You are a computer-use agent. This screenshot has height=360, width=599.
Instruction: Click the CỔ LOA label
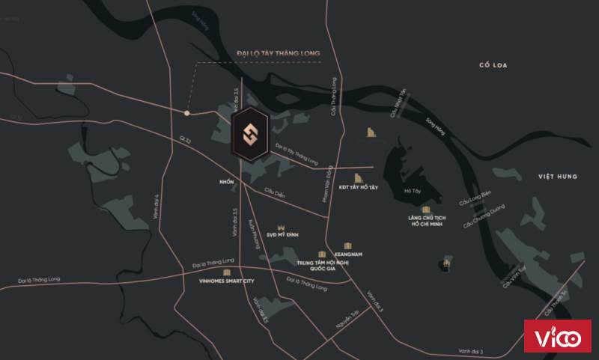[494, 66]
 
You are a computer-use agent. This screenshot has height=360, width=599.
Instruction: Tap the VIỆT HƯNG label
[559, 176]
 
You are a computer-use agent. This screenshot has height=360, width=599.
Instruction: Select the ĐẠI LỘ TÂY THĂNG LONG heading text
[278, 54]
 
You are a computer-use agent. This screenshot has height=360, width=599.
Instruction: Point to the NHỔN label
[227, 182]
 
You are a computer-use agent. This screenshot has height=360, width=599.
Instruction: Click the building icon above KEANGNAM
[347, 245]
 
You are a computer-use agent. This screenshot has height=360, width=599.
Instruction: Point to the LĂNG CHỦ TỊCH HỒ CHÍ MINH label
[424, 222]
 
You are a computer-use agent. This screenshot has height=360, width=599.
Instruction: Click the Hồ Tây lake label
[412, 192]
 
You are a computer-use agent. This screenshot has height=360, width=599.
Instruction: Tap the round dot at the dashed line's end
[187, 113]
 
